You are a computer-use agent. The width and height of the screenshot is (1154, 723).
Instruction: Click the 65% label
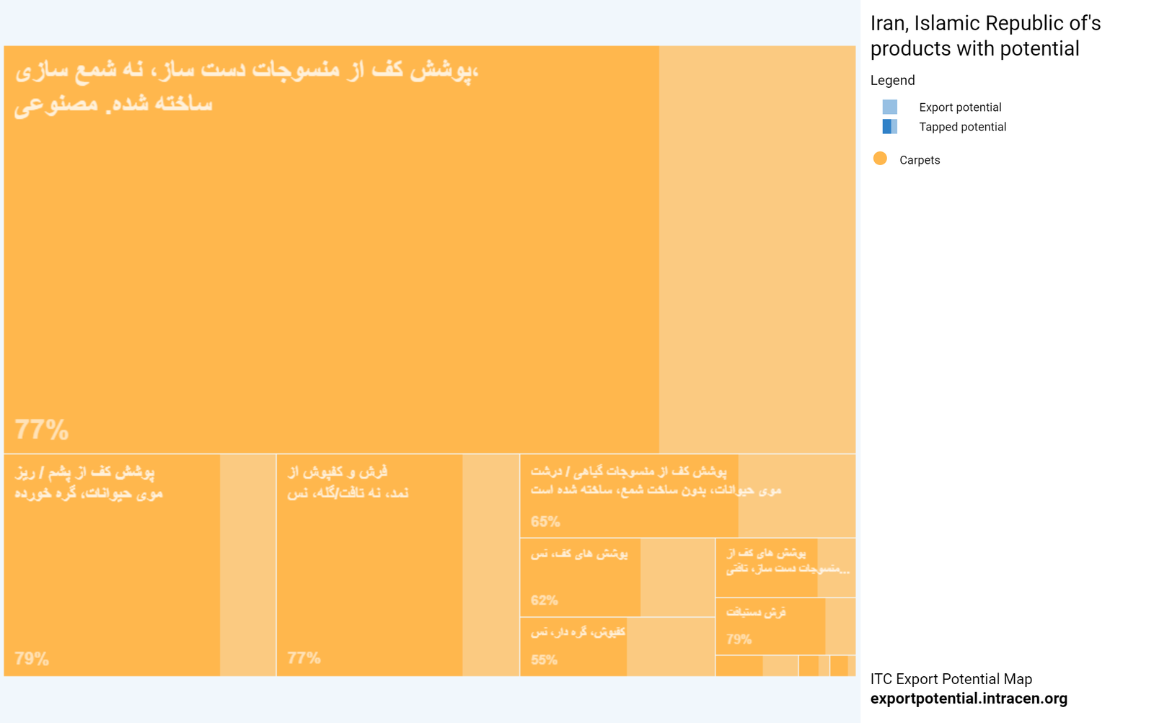coord(545,521)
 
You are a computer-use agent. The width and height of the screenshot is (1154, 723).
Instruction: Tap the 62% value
coord(545,600)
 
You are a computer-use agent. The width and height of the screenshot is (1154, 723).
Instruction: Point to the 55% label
coord(545,660)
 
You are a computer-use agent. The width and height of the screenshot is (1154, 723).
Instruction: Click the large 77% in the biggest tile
coord(42,430)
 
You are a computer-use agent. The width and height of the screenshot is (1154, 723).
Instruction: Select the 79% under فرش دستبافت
coord(739,639)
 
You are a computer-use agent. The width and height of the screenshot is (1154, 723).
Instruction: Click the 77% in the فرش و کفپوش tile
coord(304,657)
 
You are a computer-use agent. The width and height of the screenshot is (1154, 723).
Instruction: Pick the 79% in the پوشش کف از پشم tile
coord(32,658)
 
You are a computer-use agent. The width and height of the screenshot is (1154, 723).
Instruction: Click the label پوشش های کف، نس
coord(579,554)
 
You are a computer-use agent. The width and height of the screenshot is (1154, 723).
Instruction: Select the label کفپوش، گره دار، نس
coord(578,632)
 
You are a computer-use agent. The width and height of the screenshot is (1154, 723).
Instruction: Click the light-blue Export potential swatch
coord(890,107)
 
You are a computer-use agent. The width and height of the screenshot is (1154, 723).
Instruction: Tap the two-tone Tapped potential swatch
coord(890,127)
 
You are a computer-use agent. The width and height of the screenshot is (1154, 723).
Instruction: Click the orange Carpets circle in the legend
coord(880,159)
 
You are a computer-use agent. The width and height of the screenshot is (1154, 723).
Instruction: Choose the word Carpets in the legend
coord(920,160)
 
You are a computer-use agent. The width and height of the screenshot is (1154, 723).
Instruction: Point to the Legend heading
coord(892,80)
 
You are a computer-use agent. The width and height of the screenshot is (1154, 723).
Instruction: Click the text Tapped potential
coord(962,127)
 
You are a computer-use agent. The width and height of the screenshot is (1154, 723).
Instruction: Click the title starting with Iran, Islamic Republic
coord(985,36)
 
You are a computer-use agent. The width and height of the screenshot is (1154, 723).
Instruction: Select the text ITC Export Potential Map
coord(951,679)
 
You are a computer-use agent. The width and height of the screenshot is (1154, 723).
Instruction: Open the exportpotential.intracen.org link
coord(969,698)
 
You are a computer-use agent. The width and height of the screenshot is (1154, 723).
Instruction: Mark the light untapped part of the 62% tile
coord(677,577)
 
